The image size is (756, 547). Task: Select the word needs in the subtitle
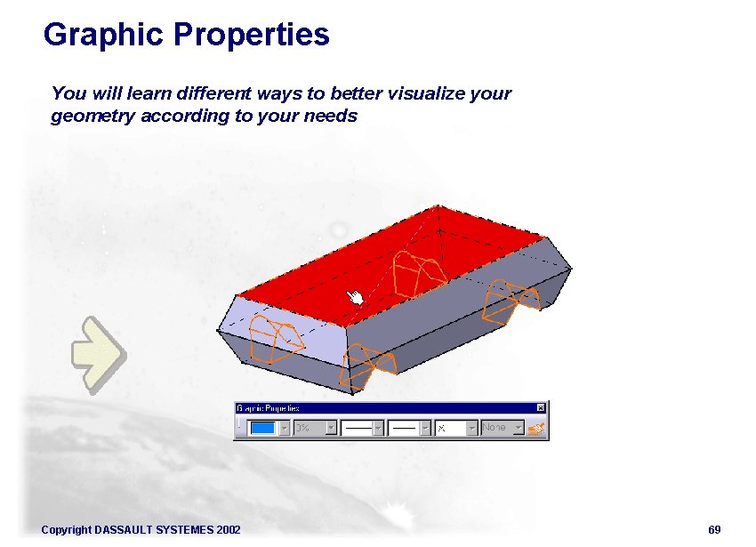(x=332, y=116)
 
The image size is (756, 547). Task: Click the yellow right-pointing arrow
(x=98, y=355)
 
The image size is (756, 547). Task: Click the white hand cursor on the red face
(x=355, y=297)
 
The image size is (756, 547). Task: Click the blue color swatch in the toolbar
(x=263, y=428)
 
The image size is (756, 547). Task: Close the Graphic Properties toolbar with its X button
(x=540, y=407)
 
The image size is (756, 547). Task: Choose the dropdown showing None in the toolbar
(x=502, y=428)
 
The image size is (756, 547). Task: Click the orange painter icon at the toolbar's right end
(x=535, y=428)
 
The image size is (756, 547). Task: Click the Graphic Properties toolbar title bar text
(x=268, y=407)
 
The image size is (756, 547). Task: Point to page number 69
(x=714, y=530)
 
